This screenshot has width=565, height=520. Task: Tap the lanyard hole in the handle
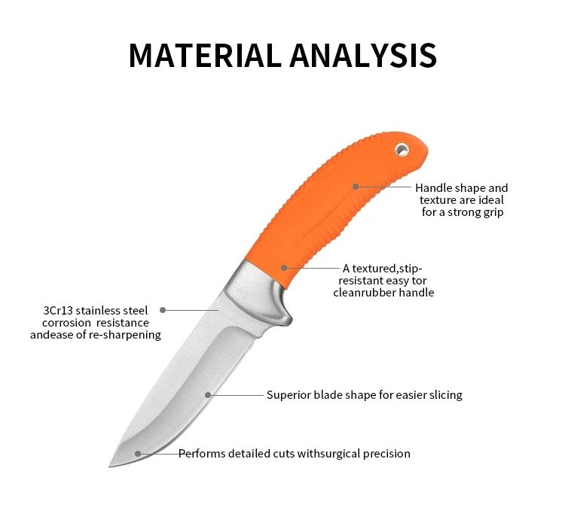coord(403,150)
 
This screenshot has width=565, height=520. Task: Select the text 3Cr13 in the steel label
coord(62,310)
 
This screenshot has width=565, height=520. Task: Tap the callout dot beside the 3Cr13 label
coord(163,309)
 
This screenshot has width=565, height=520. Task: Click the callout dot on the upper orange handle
coord(356,186)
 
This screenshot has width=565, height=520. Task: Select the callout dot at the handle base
coord(284,268)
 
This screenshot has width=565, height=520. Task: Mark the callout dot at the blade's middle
coord(208,394)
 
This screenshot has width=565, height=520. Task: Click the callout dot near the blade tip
coord(137,454)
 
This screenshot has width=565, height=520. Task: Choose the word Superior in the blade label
coord(289,394)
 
